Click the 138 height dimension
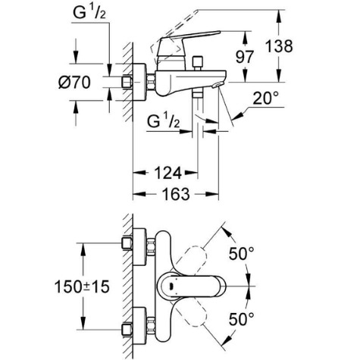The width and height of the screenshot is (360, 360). point(279,46)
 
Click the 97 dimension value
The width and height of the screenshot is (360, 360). point(244,57)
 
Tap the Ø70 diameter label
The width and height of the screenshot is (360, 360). point(74,83)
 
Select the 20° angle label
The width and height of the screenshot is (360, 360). point(266,98)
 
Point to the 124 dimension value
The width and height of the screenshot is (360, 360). point(167,173)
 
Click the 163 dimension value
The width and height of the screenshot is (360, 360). point(176,194)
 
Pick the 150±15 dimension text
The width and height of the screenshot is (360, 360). point(82,286)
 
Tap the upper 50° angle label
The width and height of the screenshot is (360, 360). point(241,253)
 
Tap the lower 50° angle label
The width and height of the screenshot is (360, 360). point(241,319)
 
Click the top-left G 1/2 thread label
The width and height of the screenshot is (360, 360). point(89,13)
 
